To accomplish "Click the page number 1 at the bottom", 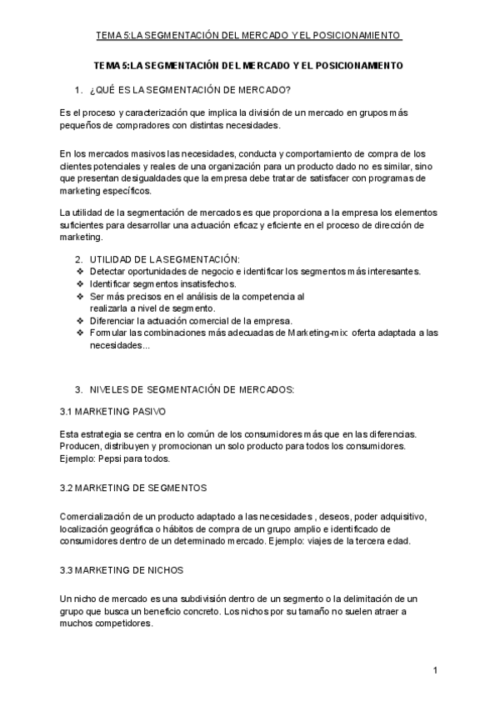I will click(x=436, y=670).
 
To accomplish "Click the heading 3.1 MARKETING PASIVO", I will click(x=113, y=411).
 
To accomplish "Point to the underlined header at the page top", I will click(x=249, y=35).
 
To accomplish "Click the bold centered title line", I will click(x=249, y=64).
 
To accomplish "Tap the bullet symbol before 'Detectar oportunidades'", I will click(x=80, y=272).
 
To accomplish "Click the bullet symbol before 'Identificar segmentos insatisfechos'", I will click(x=80, y=284).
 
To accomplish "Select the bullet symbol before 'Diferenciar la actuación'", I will click(x=80, y=321).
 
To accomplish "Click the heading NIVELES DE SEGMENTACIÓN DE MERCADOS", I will click(x=191, y=389).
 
